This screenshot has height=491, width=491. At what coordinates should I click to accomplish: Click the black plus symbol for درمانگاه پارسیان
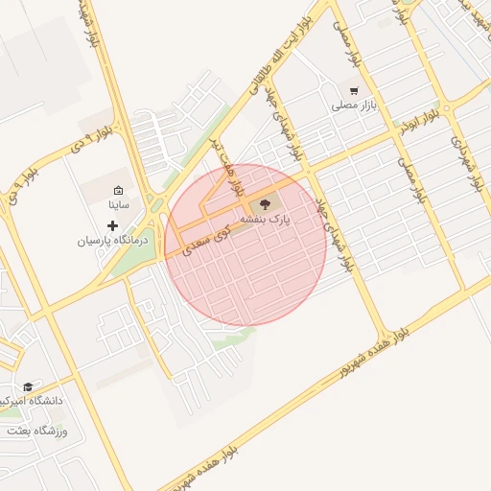113,225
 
